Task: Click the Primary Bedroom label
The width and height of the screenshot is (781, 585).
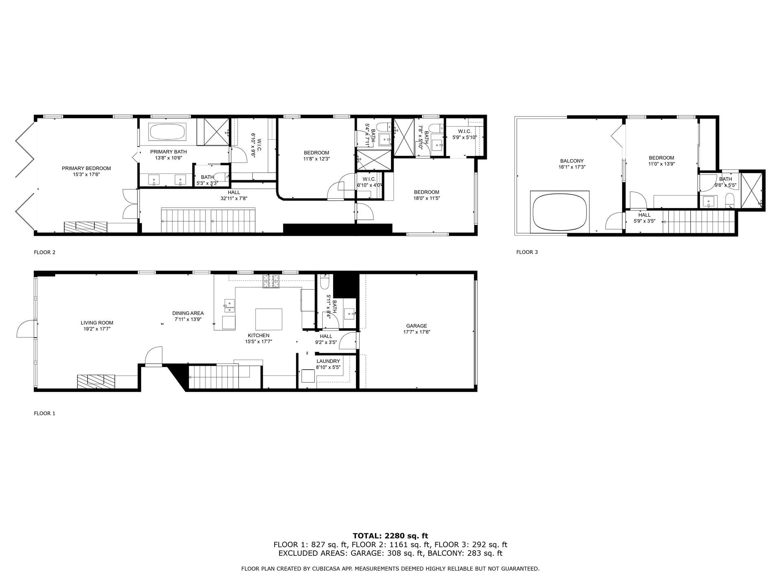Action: click(86, 168)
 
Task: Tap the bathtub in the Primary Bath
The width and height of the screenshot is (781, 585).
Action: click(168, 132)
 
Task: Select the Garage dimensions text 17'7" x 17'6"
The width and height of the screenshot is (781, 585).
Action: click(417, 332)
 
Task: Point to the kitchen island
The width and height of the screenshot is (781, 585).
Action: click(268, 319)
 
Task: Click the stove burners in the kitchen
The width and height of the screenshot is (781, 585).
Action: click(271, 281)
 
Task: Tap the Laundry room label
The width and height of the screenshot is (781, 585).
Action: click(328, 361)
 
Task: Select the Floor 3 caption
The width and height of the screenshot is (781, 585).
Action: click(527, 252)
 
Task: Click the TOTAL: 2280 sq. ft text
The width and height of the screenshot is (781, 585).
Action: click(390, 536)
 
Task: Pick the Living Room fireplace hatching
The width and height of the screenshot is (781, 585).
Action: click(96, 381)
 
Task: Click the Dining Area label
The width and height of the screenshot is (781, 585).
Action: click(188, 313)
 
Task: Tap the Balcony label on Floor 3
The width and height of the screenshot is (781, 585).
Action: click(572, 161)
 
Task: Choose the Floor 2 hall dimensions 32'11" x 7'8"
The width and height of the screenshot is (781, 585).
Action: click(234, 199)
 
